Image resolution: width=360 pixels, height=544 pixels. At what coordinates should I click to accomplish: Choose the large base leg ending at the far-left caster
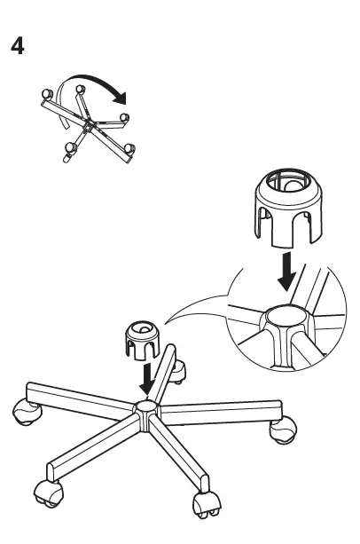80,398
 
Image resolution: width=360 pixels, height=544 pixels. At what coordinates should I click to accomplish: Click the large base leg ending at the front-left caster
93,448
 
